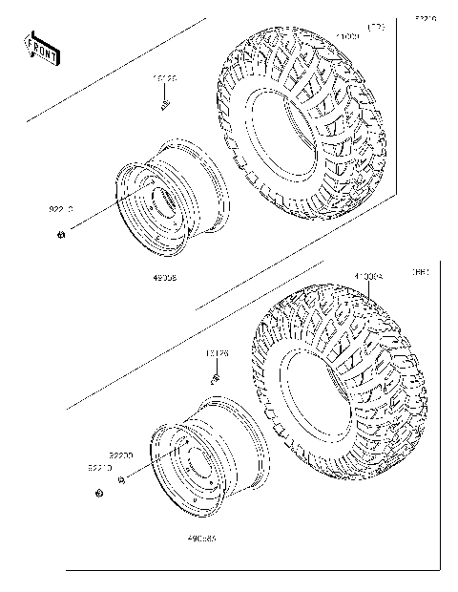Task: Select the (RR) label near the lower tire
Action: (x=418, y=272)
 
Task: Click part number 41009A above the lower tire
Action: (x=368, y=278)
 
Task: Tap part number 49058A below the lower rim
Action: (x=201, y=539)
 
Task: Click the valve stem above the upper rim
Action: (x=164, y=102)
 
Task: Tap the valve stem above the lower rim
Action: (x=216, y=375)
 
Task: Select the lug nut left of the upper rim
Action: (x=60, y=236)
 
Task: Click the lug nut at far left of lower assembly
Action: (x=99, y=494)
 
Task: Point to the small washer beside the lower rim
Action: (x=122, y=480)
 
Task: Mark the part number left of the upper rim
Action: (x=61, y=207)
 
